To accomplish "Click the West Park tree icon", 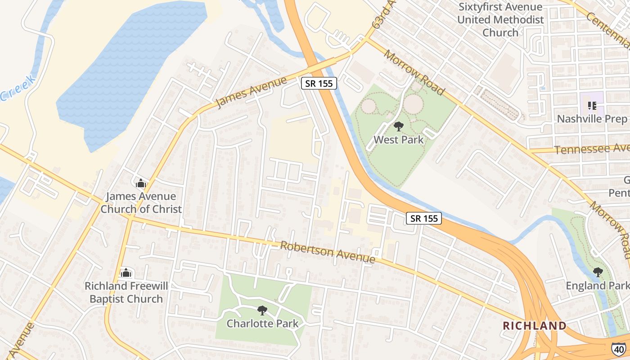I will (x=398, y=126).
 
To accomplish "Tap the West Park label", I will (x=399, y=140).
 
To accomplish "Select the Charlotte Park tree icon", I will (x=262, y=310).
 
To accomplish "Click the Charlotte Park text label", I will (x=262, y=324).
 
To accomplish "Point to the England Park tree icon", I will (x=598, y=272).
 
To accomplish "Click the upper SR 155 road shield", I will (x=319, y=83).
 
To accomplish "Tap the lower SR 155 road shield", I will (x=424, y=218).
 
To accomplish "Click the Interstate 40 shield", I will (x=618, y=348).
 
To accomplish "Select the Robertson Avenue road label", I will (x=328, y=252).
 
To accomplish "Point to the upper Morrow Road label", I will (x=414, y=72).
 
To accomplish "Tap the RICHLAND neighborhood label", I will (x=535, y=326).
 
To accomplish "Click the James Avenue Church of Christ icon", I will (x=141, y=183).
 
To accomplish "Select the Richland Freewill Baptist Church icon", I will (x=126, y=273).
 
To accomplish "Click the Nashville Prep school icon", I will (x=592, y=106).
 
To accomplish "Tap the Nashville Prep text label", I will (x=592, y=119).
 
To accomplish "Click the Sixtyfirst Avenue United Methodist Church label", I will (x=500, y=20).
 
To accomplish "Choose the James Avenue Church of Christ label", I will (x=141, y=203).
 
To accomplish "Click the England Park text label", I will (x=597, y=286).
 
